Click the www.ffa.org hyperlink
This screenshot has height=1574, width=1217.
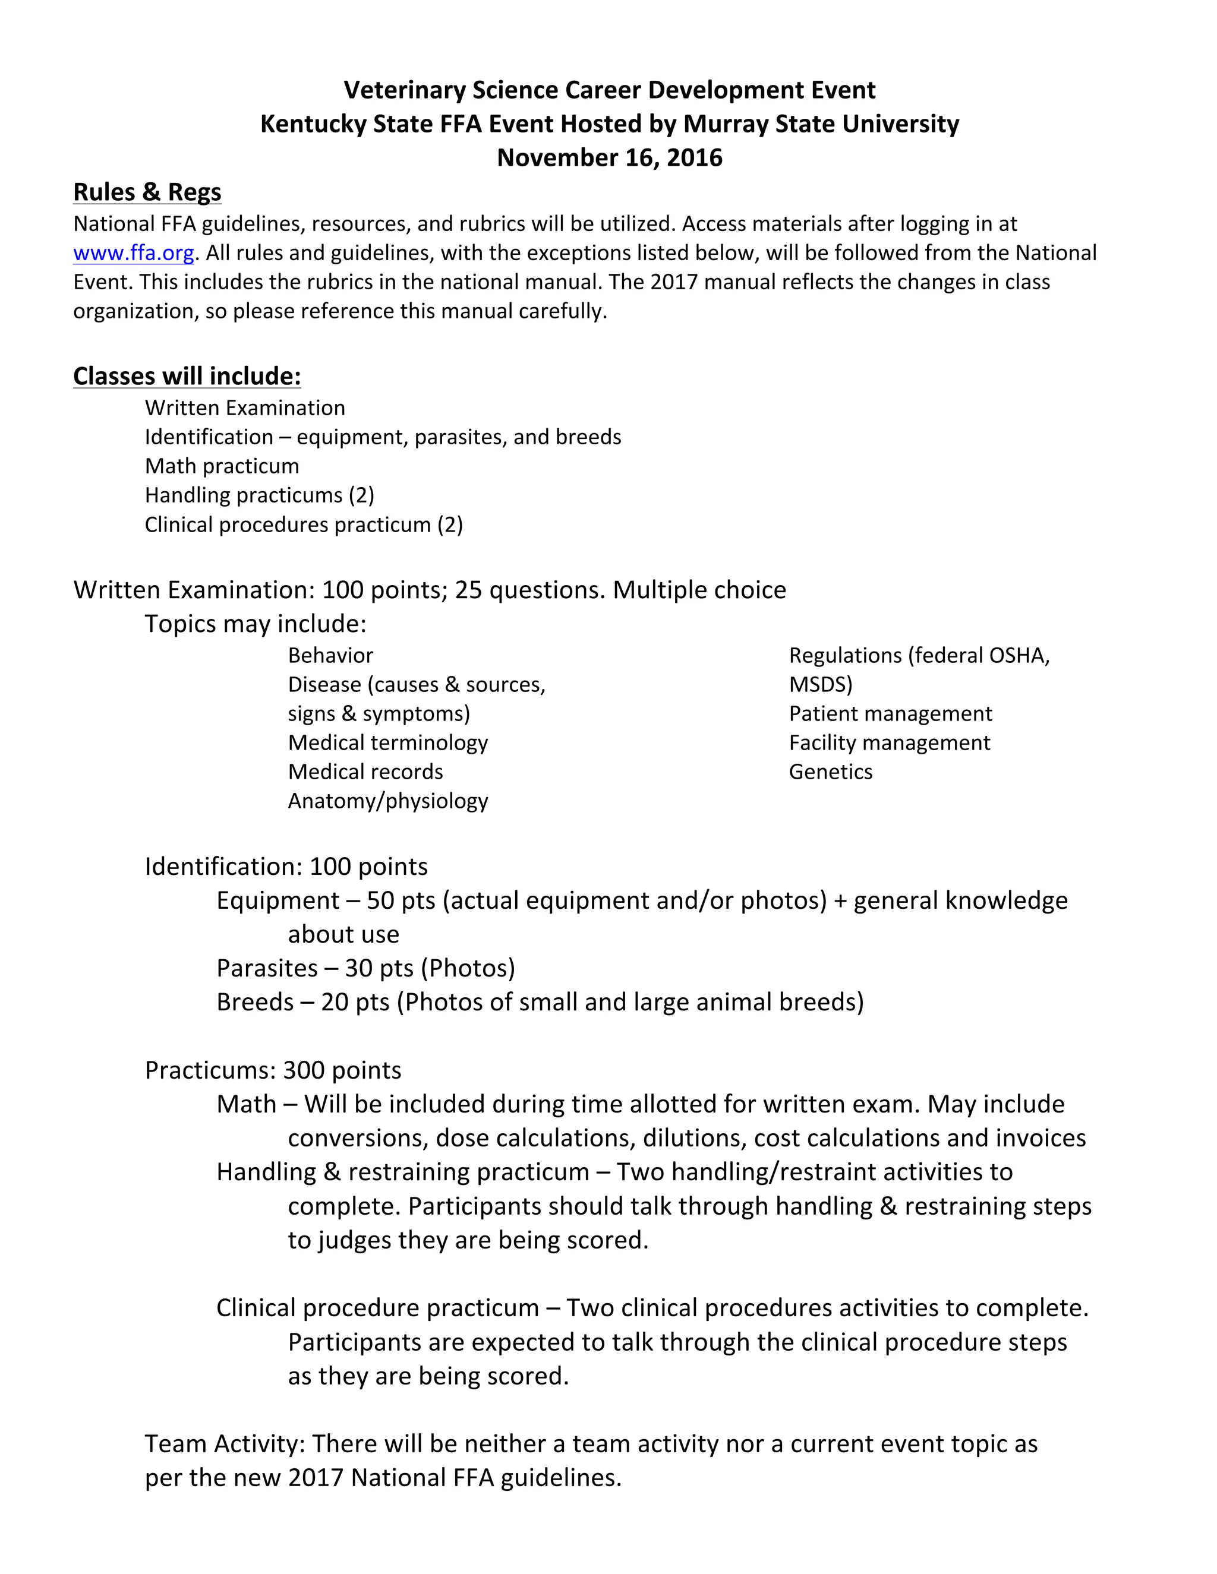[x=133, y=253]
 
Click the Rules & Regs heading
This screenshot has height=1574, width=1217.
[x=147, y=192]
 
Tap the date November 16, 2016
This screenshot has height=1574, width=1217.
[x=609, y=158]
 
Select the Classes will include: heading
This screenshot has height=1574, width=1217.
[x=187, y=376]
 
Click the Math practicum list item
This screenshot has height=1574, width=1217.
[x=221, y=466]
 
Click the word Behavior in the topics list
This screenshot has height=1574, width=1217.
[x=330, y=655]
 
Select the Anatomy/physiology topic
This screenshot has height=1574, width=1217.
[x=388, y=801]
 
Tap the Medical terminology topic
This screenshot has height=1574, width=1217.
[x=388, y=742]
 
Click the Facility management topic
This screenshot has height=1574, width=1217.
[x=889, y=742]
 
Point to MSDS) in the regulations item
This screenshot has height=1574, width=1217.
[x=821, y=685]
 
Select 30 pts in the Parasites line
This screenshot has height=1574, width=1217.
[x=379, y=968]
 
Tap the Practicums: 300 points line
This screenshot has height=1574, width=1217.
[x=273, y=1070]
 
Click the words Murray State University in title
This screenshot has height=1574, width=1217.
[x=821, y=124]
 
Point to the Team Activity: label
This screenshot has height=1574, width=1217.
[x=225, y=1443]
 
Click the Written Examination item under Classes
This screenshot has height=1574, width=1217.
[x=244, y=408]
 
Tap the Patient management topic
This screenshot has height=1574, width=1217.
[x=890, y=713]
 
